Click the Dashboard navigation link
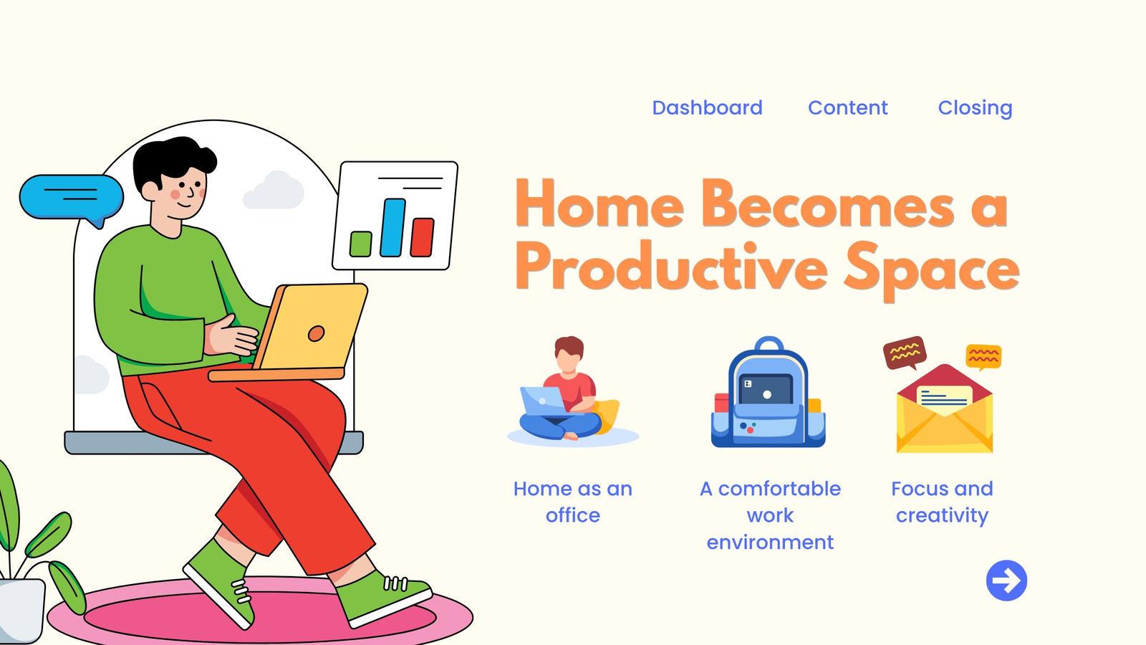pyautogui.click(x=707, y=107)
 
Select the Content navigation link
pyautogui.click(x=848, y=107)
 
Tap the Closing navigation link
pyautogui.click(x=975, y=108)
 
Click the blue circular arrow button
pyautogui.click(x=1006, y=580)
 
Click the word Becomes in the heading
pyautogui.click(x=827, y=204)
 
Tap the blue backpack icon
pyautogui.click(x=768, y=392)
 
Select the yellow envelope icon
pyautogui.click(x=945, y=408)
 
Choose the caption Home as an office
pyautogui.click(x=572, y=502)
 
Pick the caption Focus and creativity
pyautogui.click(x=942, y=502)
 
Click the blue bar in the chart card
pyautogui.click(x=393, y=227)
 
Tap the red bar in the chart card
pyautogui.click(x=422, y=237)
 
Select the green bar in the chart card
pyautogui.click(x=361, y=244)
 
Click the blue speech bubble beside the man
pyautogui.click(x=71, y=199)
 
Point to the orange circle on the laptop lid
pyautogui.click(x=316, y=333)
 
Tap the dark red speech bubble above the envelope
pyautogui.click(x=905, y=352)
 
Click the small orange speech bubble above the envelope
pyautogui.click(x=983, y=356)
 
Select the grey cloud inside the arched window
pyautogui.click(x=274, y=191)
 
